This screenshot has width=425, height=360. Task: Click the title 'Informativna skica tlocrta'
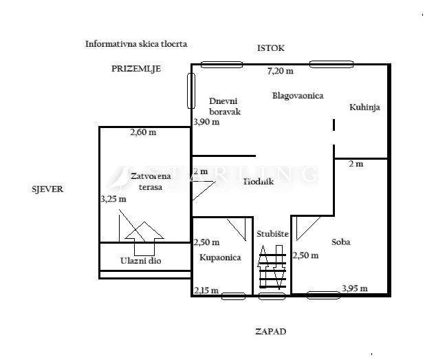point(136,43)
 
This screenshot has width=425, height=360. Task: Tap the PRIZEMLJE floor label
point(135,69)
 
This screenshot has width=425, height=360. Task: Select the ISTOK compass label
point(270,48)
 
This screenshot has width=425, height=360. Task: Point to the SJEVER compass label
point(47,189)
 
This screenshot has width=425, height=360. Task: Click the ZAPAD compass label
point(270,331)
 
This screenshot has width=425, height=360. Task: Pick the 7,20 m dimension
point(280,71)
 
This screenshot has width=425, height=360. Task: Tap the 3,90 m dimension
point(206,122)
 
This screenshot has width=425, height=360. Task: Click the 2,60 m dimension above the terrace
point(142,133)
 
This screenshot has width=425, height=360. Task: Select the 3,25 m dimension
point(113,199)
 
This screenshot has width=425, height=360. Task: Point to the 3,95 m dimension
point(354,288)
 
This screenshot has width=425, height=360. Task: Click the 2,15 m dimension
point(206,290)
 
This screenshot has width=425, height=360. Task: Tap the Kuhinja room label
point(364,107)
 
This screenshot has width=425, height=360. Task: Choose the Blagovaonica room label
point(298,96)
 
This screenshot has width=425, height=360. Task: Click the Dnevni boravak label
point(225,107)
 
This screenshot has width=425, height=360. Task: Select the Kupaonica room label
point(220,257)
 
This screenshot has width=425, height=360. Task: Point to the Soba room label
point(341,242)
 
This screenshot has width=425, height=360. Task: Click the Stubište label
point(271,234)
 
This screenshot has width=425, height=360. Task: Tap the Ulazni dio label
point(141,261)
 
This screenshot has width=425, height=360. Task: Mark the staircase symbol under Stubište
point(271,271)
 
